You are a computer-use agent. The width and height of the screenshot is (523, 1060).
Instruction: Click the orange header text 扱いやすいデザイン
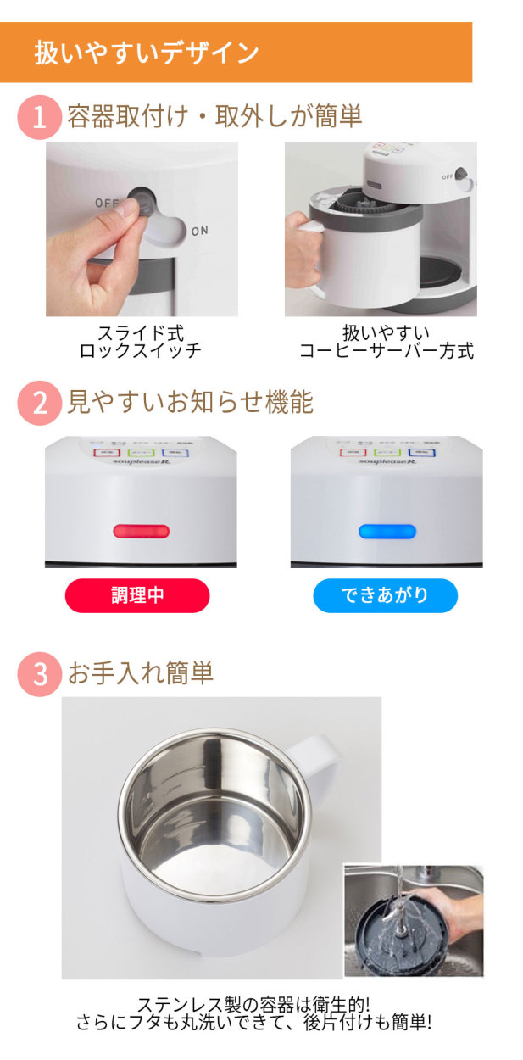[x=147, y=53]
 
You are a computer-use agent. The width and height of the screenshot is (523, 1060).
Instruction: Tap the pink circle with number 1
[x=38, y=117]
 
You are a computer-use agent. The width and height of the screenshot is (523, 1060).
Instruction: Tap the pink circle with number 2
[x=38, y=403]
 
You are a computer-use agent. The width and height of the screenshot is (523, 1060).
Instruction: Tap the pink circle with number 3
[x=38, y=674]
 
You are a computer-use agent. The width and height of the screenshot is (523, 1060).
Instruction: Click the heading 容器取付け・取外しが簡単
[x=214, y=116]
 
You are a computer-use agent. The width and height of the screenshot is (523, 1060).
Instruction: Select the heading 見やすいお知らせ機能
[x=190, y=402]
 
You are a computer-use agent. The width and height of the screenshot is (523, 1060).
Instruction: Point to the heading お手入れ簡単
[x=141, y=673]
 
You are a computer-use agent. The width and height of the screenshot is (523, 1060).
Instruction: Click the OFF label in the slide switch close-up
[x=106, y=204]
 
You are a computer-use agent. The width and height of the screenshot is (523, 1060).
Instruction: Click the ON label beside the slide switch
[x=200, y=231]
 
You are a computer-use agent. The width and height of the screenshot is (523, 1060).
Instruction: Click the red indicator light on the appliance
[x=141, y=531]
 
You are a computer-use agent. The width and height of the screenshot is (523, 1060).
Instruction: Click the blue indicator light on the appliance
[x=387, y=532]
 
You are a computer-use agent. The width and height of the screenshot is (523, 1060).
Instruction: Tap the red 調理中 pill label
[x=137, y=595]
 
